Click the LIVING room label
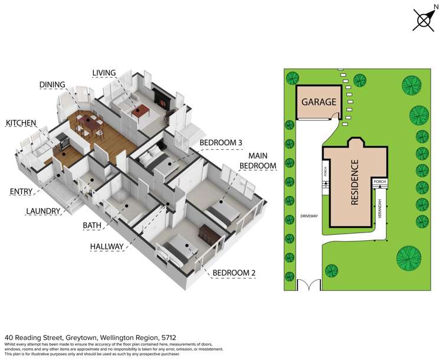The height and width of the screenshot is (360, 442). click(104, 73)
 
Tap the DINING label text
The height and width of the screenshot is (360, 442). click(53, 85)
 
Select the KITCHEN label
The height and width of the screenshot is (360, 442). click(21, 123)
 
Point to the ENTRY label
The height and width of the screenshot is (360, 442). click(21, 192)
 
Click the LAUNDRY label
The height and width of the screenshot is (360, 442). click(43, 211)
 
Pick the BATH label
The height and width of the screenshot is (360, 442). click(93, 225)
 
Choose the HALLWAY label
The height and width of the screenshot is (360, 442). click(107, 247)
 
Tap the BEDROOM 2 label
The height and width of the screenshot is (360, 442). click(234, 273)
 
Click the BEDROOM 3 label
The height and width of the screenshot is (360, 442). click(221, 143)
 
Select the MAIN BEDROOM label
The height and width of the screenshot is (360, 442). click(258, 161)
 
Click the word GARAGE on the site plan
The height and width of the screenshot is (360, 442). click(319, 102)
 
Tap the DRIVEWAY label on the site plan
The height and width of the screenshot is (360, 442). click(309, 216)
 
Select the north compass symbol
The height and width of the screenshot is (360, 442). click(424, 19)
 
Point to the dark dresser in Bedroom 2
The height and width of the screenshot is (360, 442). click(207, 233)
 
